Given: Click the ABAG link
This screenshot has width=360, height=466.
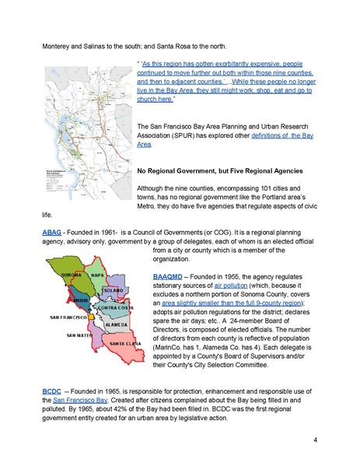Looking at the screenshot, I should click(x=52, y=233).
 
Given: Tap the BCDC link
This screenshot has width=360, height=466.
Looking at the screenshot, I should click(x=52, y=389).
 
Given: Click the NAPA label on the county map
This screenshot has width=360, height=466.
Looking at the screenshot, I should click(x=98, y=275).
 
